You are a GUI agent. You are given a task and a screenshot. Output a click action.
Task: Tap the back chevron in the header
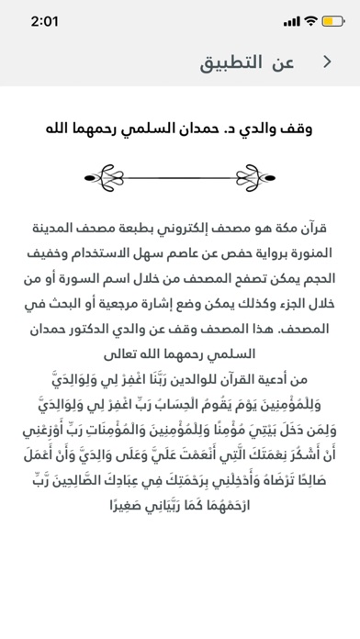[x=328, y=62]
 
